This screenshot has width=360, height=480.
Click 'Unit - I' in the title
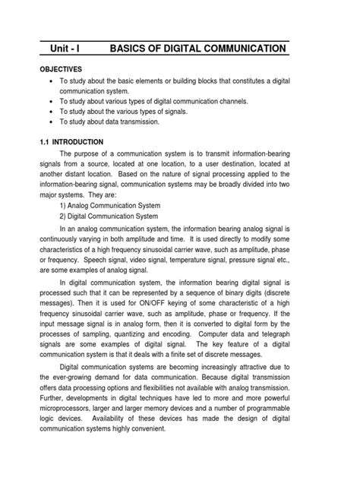65,49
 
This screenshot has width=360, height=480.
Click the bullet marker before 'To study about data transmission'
50,121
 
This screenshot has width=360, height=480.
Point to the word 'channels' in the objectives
231,99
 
